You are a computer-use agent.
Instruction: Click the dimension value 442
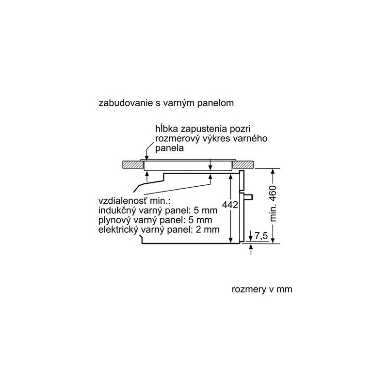point(230,205)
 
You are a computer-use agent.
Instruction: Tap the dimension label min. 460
point(273,203)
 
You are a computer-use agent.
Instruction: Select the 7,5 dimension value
point(261,236)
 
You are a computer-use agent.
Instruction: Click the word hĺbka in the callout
point(166,129)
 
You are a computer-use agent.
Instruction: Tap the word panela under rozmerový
point(169,148)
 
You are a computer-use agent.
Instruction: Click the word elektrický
point(118,229)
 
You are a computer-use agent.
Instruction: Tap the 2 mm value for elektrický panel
point(208,229)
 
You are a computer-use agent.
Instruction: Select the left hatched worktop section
point(133,165)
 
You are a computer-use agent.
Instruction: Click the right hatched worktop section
point(243,164)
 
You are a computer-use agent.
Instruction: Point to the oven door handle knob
point(248,197)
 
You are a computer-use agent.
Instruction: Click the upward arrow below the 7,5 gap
point(251,249)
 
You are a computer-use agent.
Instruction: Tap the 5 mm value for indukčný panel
point(206,210)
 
